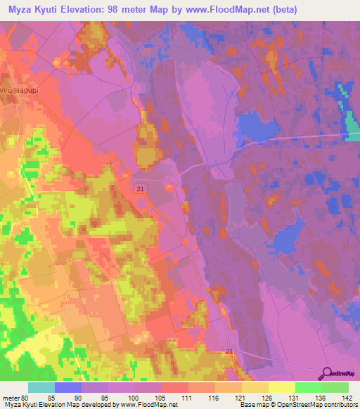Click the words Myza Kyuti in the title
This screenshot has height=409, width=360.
click(35, 10)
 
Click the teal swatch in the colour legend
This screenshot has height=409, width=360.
click(41, 387)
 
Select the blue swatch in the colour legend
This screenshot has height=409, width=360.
click(68, 387)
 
